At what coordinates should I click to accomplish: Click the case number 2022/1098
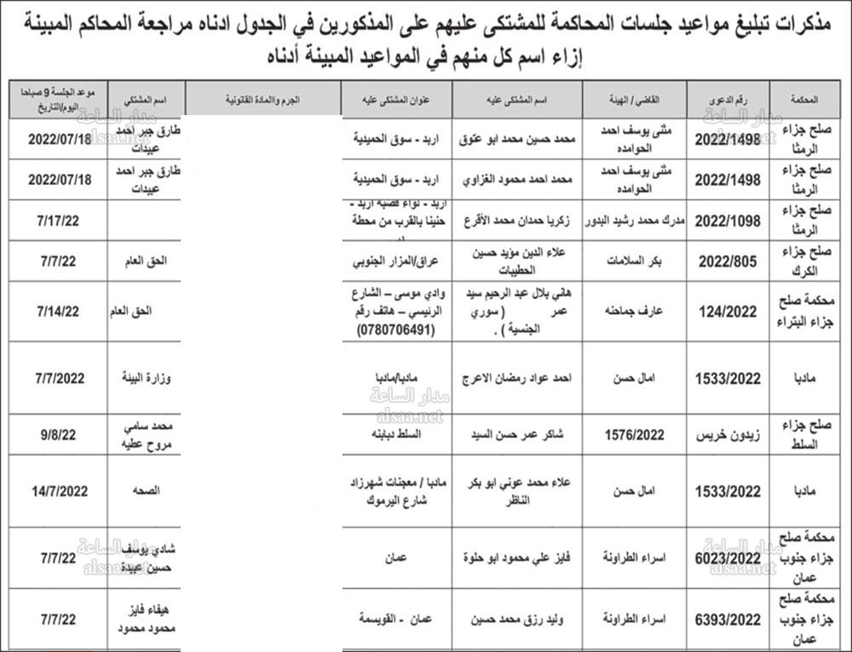(x=728, y=221)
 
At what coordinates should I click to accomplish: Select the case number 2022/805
(x=728, y=262)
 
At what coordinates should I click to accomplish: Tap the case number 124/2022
(x=728, y=311)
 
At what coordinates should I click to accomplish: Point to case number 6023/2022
(x=728, y=557)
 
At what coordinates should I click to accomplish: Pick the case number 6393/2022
(x=728, y=620)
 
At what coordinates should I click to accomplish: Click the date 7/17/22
(x=57, y=221)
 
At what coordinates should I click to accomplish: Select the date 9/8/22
(x=57, y=434)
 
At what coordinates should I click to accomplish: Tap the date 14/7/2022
(x=57, y=491)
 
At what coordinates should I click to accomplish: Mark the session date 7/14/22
(x=57, y=311)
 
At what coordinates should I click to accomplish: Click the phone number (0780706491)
(x=397, y=329)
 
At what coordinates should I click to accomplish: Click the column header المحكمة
(x=810, y=100)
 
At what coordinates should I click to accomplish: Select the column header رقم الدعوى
(x=728, y=100)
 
